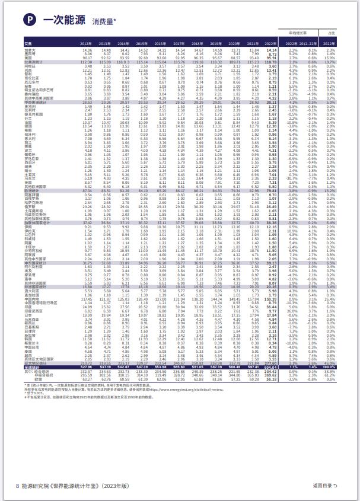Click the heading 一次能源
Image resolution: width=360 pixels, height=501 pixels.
coord(57,20)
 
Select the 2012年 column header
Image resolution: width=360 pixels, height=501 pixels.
coord(87,43)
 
